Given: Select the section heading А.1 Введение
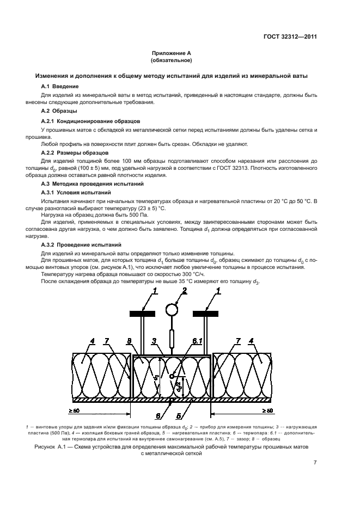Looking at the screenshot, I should (x=60, y=87).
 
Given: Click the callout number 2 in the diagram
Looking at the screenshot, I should (x=184, y=292).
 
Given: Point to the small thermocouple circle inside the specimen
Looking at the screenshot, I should (x=172, y=376).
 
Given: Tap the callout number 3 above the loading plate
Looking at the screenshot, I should (x=155, y=341).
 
